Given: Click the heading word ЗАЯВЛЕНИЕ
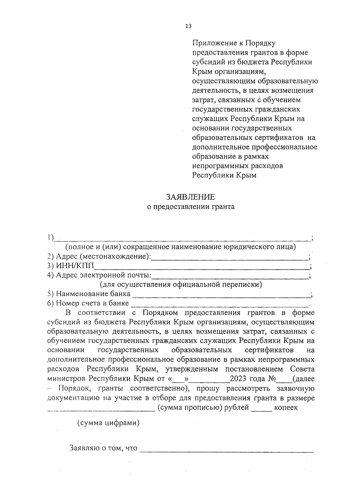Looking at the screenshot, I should (x=191, y=197).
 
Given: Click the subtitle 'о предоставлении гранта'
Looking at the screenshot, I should (x=190, y=206).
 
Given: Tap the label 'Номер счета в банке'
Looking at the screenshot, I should (x=93, y=303).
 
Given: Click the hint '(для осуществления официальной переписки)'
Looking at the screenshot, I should (x=181, y=284).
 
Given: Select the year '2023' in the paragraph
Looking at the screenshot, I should (x=239, y=379).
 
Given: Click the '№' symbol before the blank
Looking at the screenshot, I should (x=272, y=379).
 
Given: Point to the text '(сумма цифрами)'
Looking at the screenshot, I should (x=108, y=423).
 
